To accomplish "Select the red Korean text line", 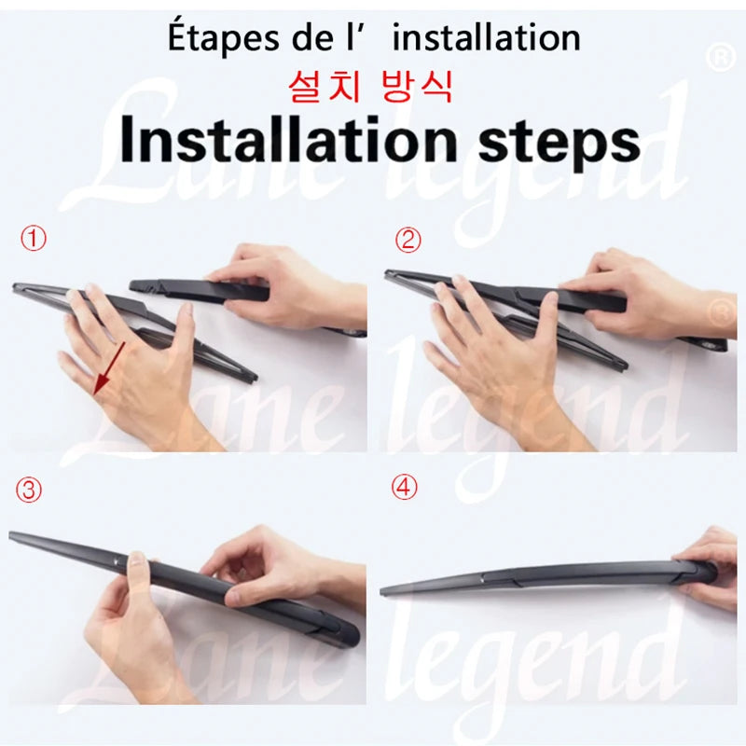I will point(371,89).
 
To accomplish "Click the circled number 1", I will point(34,240).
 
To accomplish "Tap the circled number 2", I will point(408,240).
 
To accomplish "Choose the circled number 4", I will point(404,489).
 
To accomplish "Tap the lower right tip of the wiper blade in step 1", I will point(250,379).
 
